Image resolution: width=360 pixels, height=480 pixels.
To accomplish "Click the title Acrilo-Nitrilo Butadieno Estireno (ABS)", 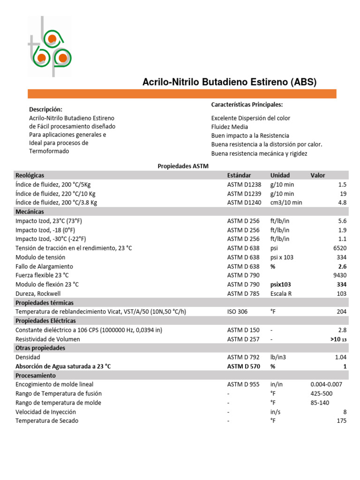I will [229, 82].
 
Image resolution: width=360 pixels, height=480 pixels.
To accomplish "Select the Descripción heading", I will [45, 109].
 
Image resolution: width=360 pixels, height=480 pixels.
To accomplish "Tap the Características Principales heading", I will [247, 105].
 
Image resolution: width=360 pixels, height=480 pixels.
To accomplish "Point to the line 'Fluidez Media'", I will [230, 127].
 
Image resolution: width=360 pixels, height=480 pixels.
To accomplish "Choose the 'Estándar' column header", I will [239, 175].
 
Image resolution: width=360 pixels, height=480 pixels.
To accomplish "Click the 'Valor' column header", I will [317, 175].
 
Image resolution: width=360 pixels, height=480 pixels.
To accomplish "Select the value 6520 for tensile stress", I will [339, 248].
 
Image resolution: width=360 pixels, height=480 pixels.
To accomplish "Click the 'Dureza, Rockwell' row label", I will [38, 293].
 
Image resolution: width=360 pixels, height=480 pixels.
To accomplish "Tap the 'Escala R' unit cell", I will [282, 293].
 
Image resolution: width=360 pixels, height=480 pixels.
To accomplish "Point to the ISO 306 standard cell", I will [238, 312].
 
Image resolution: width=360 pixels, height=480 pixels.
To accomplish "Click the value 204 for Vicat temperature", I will [341, 312].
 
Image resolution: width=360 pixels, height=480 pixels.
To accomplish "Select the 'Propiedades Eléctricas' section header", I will [45, 321].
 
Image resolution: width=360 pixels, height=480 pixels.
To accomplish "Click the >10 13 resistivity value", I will [337, 339].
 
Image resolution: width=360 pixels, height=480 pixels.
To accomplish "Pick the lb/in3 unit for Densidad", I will [278, 357].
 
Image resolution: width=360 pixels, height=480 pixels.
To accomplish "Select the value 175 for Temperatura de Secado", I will [341, 421].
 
